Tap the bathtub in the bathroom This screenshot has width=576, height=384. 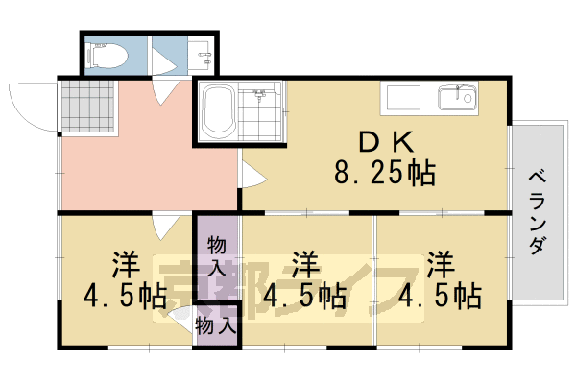click(x=219, y=112)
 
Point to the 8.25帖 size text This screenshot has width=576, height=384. click(x=384, y=174)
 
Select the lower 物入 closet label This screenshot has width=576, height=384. click(x=216, y=325)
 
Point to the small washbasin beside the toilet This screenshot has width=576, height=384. click(x=202, y=59)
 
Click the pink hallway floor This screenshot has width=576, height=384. click(x=144, y=163)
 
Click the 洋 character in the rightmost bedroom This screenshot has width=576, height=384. click(x=441, y=261)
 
